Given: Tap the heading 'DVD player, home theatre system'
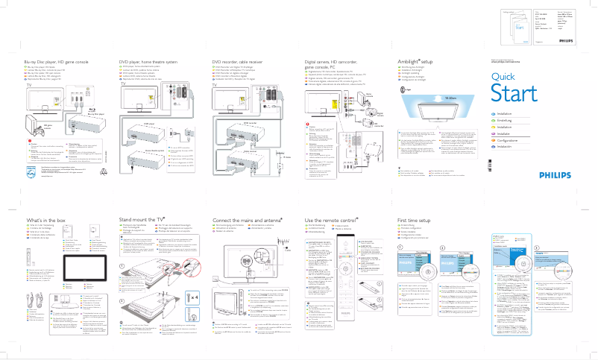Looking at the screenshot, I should tap(149, 60).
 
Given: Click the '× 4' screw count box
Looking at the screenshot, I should tap(192, 297).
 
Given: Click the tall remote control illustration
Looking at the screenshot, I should tap(344, 272).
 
